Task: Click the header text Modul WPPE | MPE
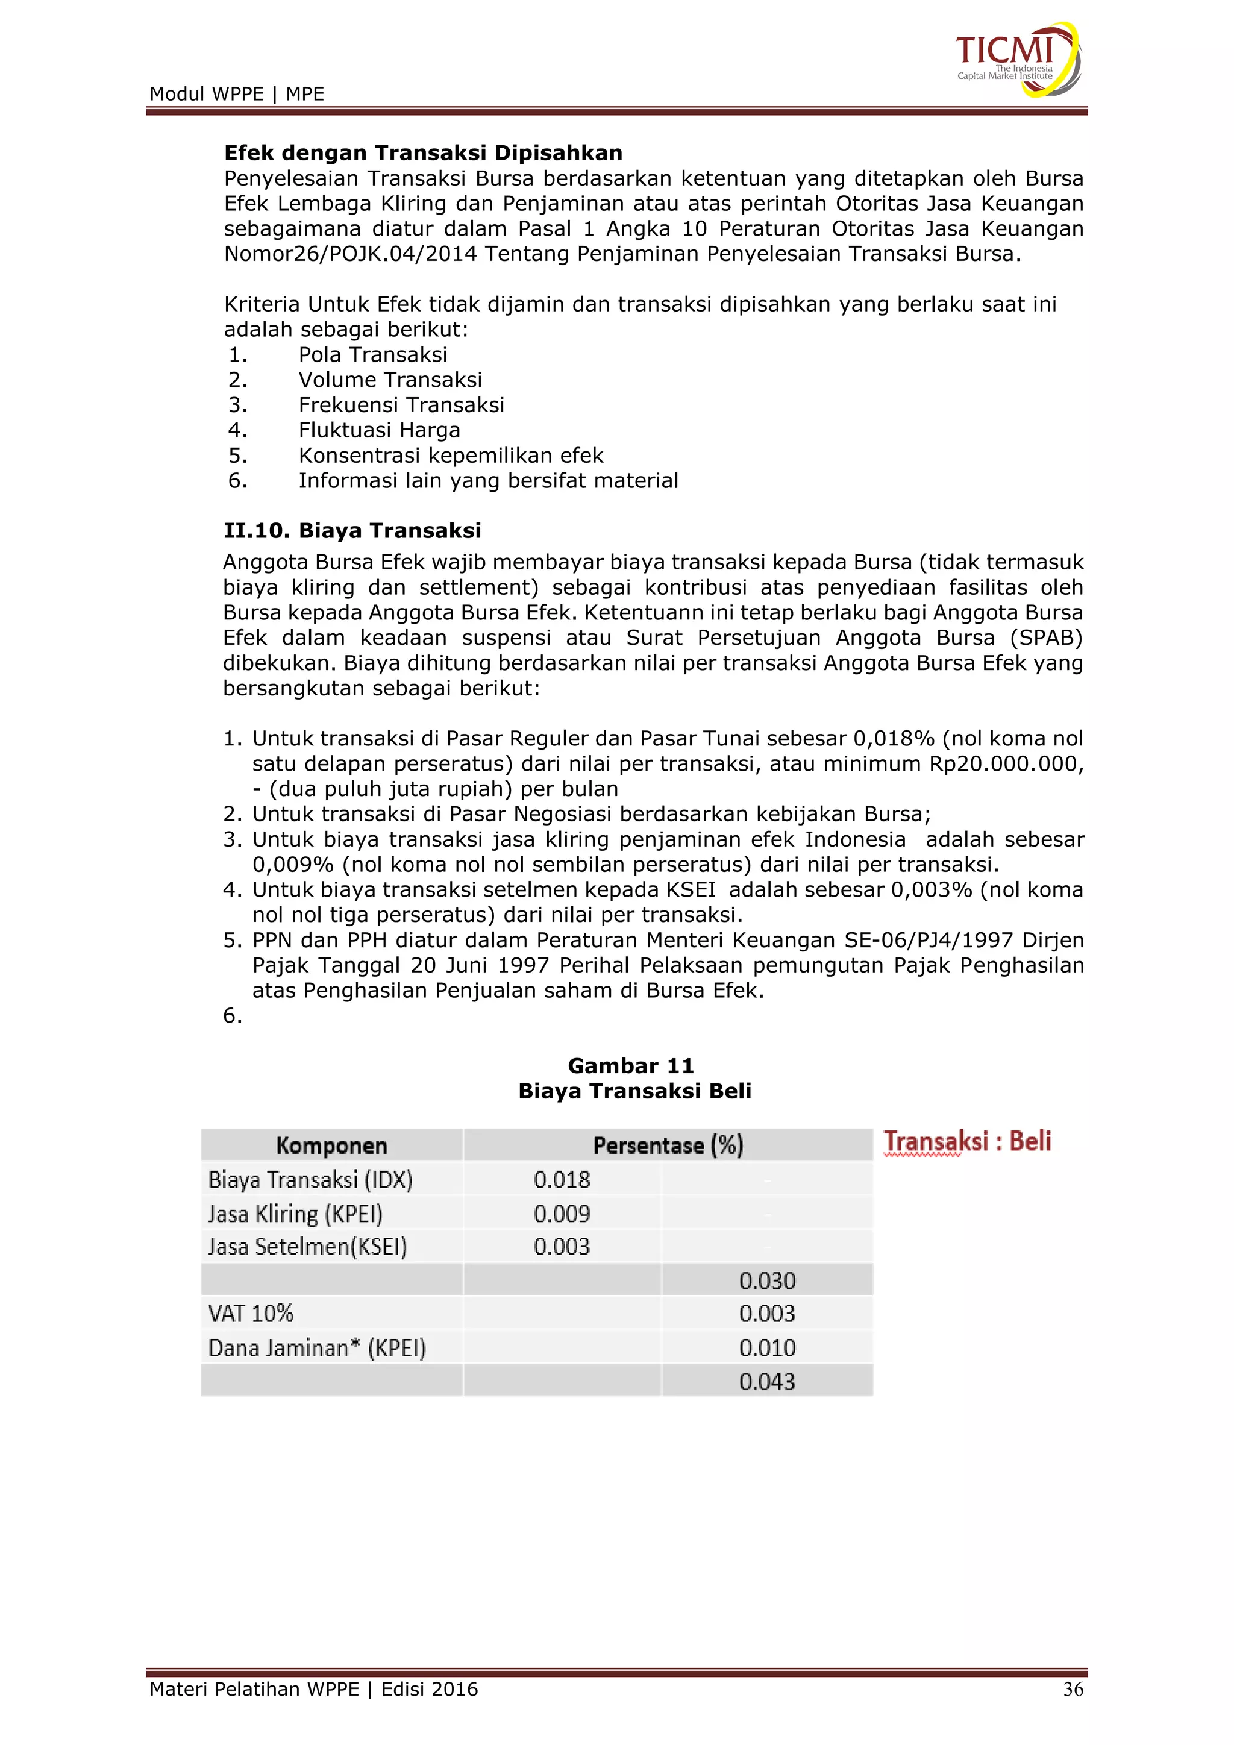pyautogui.click(x=236, y=94)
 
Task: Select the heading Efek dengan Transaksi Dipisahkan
pyautogui.click(x=422, y=153)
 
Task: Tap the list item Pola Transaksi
pyautogui.click(x=372, y=355)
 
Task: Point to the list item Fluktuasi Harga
pyautogui.click(x=379, y=430)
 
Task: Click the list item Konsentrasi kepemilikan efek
pyautogui.click(x=451, y=456)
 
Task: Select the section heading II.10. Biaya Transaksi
pyautogui.click(x=352, y=530)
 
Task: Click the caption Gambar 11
pyautogui.click(x=631, y=1065)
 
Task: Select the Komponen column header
pyautogui.click(x=331, y=1145)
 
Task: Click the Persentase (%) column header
pyautogui.click(x=668, y=1145)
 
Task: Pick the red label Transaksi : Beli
pyautogui.click(x=967, y=1142)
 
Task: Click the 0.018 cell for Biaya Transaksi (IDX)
pyautogui.click(x=562, y=1180)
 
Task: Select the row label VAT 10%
pyautogui.click(x=251, y=1314)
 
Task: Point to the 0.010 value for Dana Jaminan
pyautogui.click(x=766, y=1347)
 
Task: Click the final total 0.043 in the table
pyautogui.click(x=766, y=1382)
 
